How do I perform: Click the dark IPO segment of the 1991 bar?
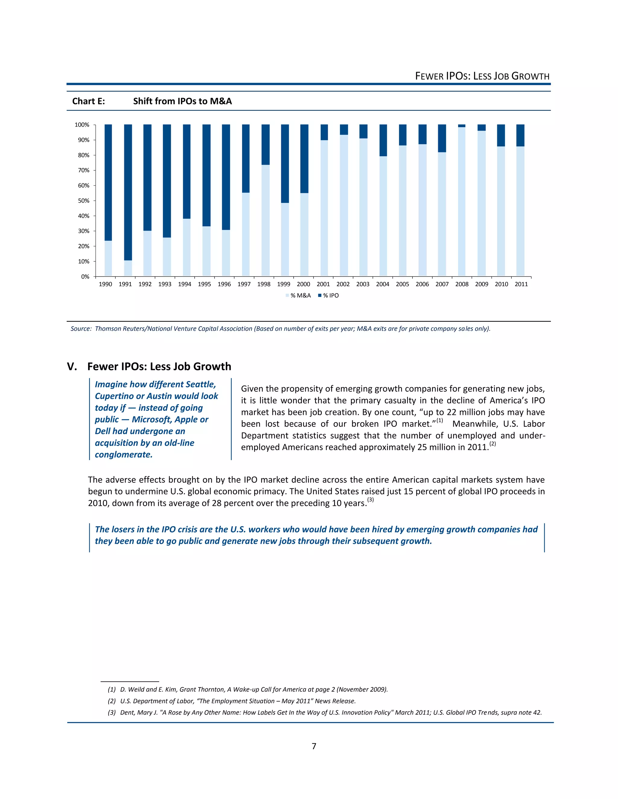[x=128, y=192]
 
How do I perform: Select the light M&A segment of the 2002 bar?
[x=344, y=205]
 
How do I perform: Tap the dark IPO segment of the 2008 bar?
[x=462, y=126]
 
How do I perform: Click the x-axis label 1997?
[x=244, y=284]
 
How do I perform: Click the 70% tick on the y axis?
[x=84, y=170]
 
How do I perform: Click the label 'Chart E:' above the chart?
[x=88, y=101]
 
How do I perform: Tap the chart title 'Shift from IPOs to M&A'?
[x=182, y=101]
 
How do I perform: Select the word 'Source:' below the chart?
[x=81, y=329]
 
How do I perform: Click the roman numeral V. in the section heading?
[x=72, y=367]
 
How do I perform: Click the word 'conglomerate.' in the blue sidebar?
[x=123, y=455]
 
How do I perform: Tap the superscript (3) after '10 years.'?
[x=371, y=500]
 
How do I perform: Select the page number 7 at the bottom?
[x=314, y=746]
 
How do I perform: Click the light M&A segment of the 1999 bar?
[x=285, y=239]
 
